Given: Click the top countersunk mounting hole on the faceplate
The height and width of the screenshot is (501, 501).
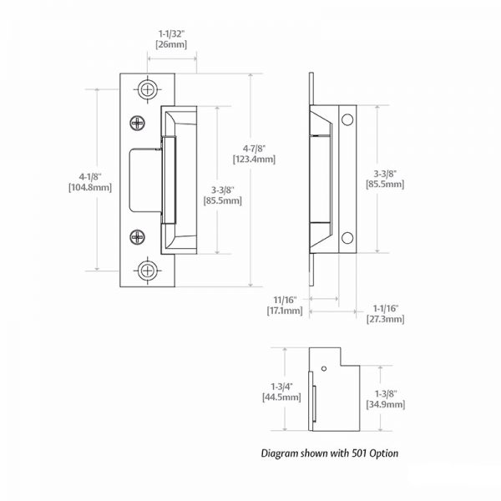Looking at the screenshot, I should point(148,89).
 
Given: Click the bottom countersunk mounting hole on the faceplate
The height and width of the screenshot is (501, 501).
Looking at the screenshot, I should point(148,270).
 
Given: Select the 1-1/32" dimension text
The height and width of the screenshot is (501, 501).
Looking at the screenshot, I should point(172,33).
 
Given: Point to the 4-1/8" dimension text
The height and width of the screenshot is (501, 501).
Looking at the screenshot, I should point(89,176).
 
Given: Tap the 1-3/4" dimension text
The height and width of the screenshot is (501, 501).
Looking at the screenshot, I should point(281,386).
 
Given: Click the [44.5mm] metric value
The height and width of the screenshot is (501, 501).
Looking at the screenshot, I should point(281,397).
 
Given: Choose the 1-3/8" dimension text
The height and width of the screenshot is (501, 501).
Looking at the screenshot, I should point(387,392).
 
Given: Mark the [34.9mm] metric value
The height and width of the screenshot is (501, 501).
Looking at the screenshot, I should point(387,404).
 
